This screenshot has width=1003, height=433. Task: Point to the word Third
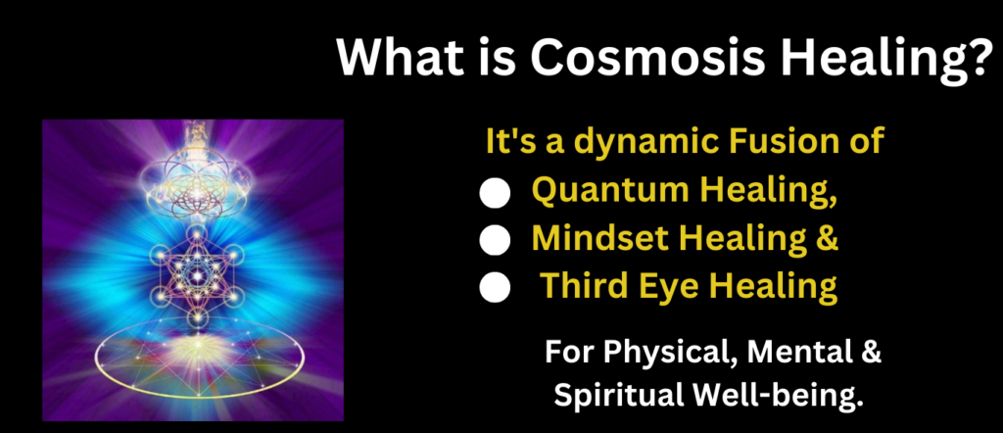click(580, 286)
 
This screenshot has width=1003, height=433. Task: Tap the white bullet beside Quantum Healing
click(495, 193)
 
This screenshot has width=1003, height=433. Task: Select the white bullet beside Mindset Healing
click(495, 240)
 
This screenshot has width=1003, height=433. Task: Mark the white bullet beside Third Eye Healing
click(495, 288)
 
